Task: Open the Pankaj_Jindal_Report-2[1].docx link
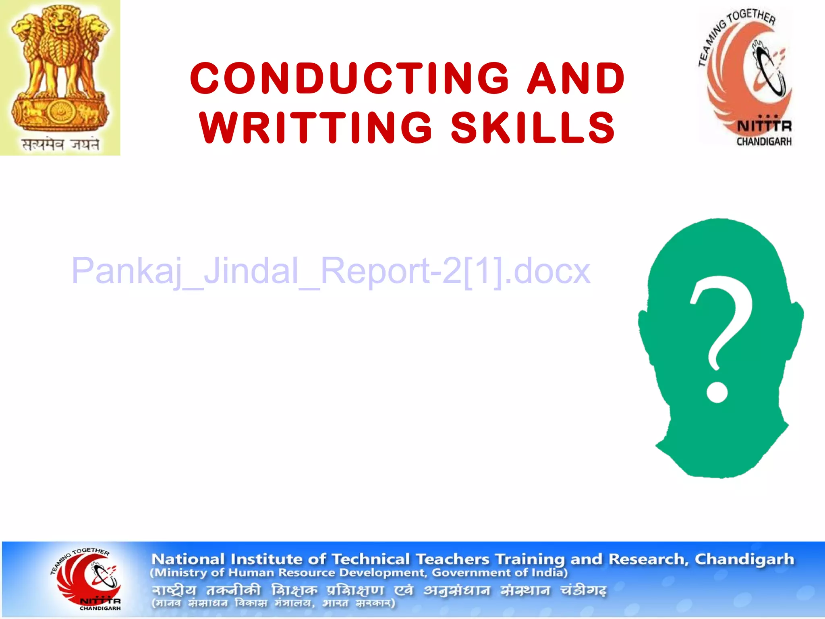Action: (x=330, y=271)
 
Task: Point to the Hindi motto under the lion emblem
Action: (x=60, y=144)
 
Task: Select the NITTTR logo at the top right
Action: (x=745, y=77)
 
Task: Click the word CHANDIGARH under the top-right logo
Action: (x=764, y=141)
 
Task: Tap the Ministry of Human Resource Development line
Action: (x=359, y=573)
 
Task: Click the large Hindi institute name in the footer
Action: (x=379, y=591)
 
